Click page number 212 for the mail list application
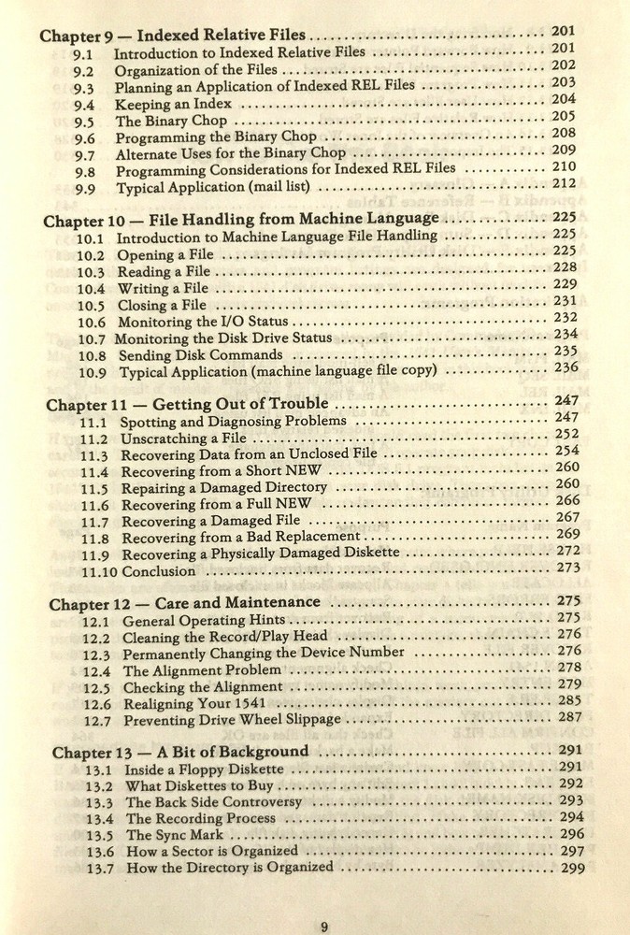click(x=564, y=183)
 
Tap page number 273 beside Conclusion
click(x=568, y=568)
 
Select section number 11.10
click(x=99, y=571)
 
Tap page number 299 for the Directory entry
click(x=573, y=869)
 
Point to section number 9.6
click(x=84, y=138)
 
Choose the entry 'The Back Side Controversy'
click(x=214, y=802)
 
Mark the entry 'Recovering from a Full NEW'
click(x=217, y=505)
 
